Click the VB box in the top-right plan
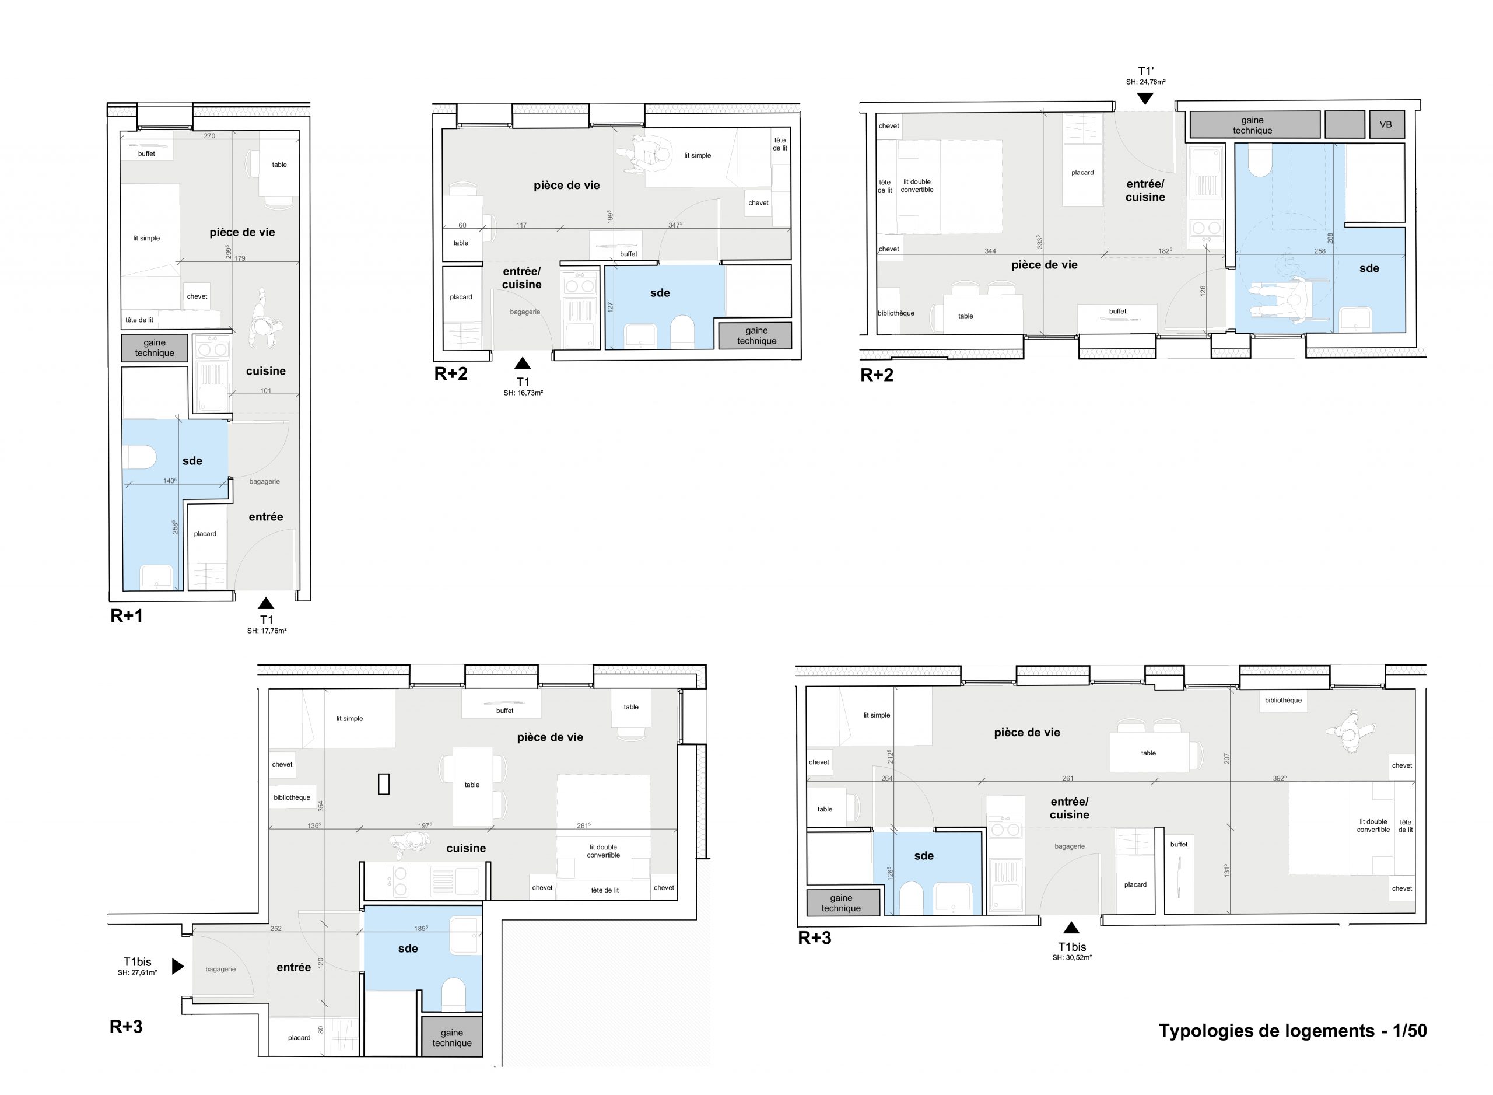tap(1385, 125)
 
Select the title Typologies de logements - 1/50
tap(1292, 1031)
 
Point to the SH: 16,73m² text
tap(523, 393)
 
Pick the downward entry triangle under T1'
tap(1145, 99)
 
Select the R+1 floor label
tap(127, 616)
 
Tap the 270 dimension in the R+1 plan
tap(209, 136)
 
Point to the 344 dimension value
tap(990, 251)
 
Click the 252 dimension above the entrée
tap(276, 929)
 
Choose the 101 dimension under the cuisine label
tap(266, 390)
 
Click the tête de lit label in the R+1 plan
tap(139, 320)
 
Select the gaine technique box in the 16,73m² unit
tap(756, 335)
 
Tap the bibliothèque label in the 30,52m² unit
tap(1283, 701)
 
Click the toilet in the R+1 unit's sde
tap(140, 457)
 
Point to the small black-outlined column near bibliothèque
tap(384, 784)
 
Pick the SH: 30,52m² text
tap(1071, 958)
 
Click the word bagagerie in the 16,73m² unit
tap(525, 312)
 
